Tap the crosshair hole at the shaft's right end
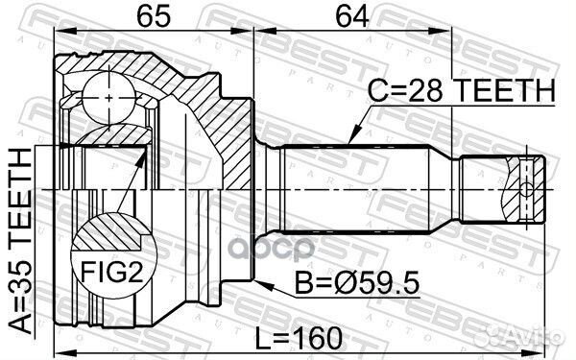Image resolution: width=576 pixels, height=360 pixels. pos(527,188)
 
